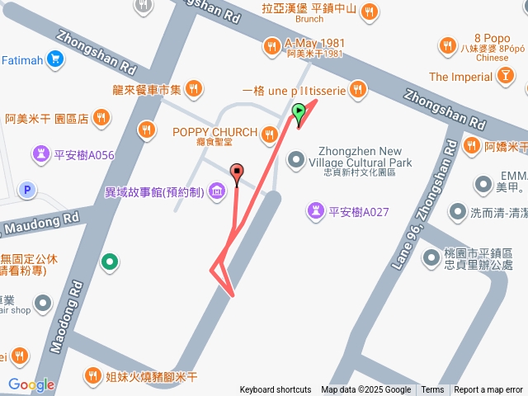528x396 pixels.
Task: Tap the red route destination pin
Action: pyautogui.click(x=238, y=173)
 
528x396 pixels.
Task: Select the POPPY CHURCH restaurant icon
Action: pyautogui.click(x=269, y=133)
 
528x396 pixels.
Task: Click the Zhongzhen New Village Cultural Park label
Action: pyautogui.click(x=365, y=157)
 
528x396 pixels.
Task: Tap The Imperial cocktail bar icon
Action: pyautogui.click(x=504, y=77)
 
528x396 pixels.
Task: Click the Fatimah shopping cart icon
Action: pyautogui.click(x=55, y=59)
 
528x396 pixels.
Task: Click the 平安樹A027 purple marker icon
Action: pyautogui.click(x=314, y=211)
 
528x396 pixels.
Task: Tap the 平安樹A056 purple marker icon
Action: pyautogui.click(x=40, y=154)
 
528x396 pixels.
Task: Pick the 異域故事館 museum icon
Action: pyautogui.click(x=216, y=192)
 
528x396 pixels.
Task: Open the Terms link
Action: pyautogui.click(x=432, y=390)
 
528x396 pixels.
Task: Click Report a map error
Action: pyautogui.click(x=488, y=390)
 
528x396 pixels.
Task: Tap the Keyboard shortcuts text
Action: pyautogui.click(x=276, y=390)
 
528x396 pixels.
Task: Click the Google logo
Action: pyautogui.click(x=31, y=384)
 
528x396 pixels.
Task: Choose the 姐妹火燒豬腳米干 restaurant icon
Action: pyautogui.click(x=93, y=377)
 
